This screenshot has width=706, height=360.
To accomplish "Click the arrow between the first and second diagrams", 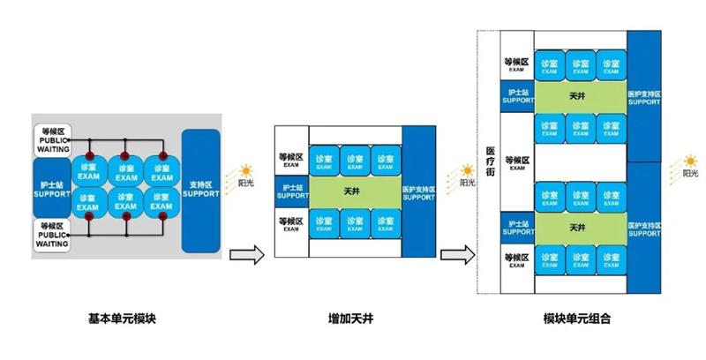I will click(248, 256).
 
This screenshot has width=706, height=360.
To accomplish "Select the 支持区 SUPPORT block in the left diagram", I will click(201, 190).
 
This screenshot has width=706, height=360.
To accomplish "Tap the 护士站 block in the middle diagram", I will click(291, 189).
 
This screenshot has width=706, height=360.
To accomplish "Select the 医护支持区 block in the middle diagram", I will click(419, 189).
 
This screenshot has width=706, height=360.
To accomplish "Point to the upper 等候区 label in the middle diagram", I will click(291, 160).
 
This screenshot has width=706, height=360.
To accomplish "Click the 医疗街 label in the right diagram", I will click(490, 163).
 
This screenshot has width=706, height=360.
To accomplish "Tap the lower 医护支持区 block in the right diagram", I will click(644, 229).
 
